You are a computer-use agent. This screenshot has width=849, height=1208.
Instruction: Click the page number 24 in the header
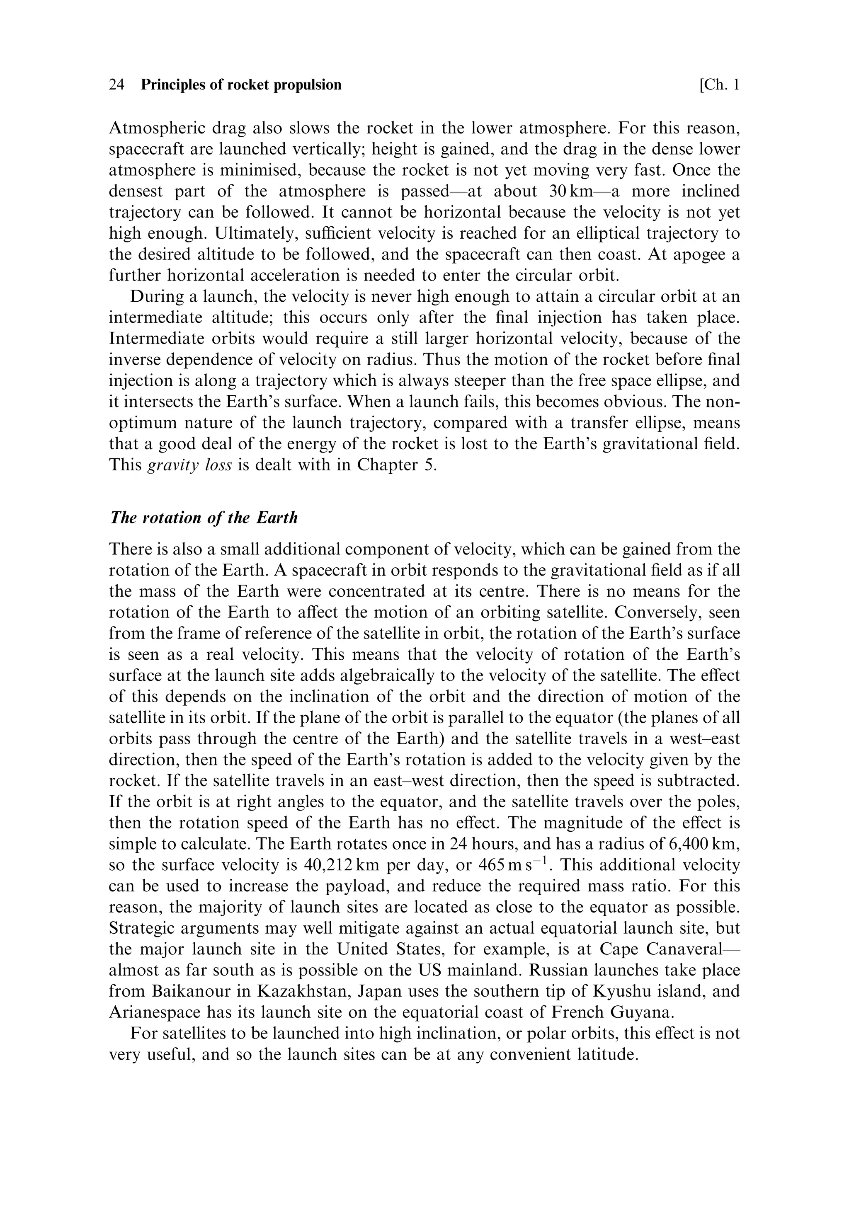[x=116, y=85]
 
